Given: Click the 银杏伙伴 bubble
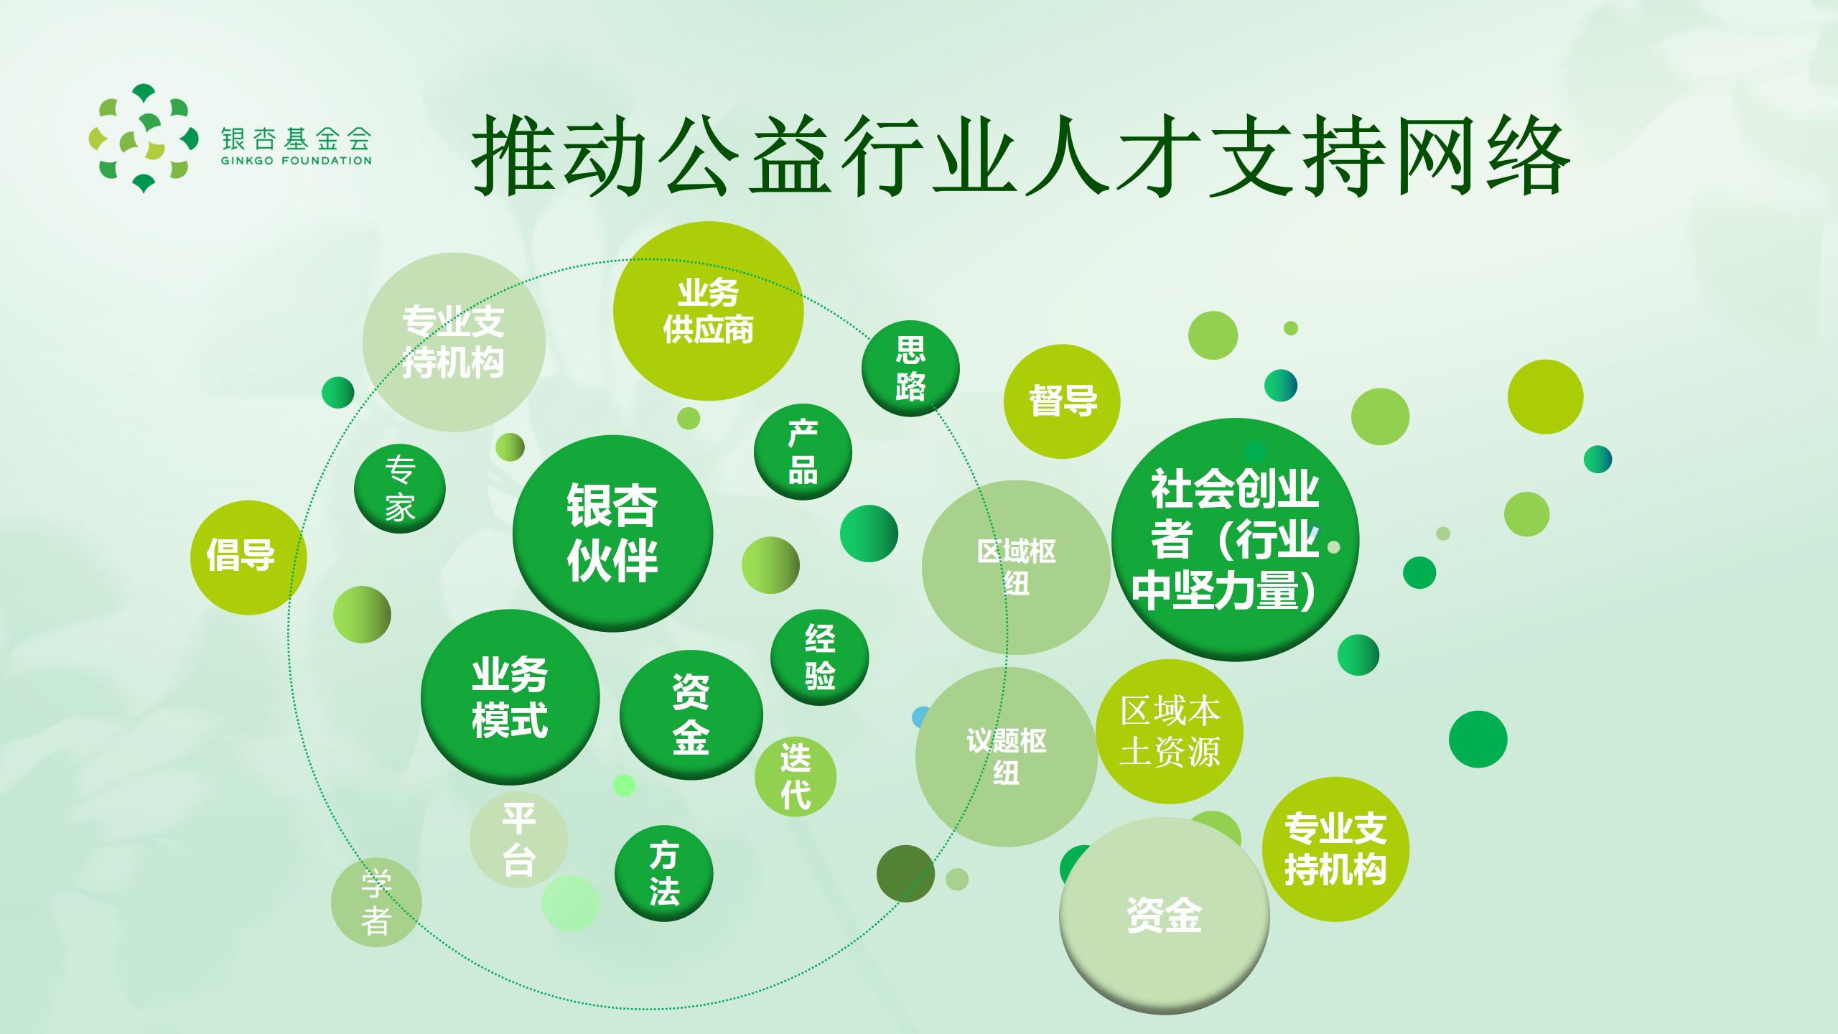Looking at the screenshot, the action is [612, 534].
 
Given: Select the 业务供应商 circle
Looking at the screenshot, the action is [708, 311].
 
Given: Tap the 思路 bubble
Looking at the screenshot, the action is [910, 368].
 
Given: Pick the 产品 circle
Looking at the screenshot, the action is [803, 452].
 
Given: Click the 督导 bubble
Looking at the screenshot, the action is [1062, 401].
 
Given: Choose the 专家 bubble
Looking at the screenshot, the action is [400, 490].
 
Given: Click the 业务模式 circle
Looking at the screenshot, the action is [510, 697].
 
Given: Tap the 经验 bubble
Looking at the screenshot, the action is [819, 657].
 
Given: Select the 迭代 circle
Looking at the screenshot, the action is [796, 776].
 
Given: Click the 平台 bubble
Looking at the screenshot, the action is [518, 839].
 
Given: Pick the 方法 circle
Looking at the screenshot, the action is [663, 873].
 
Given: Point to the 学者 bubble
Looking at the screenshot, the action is [376, 903].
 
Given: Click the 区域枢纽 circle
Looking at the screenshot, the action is [1016, 567].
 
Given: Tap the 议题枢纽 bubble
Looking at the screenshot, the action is [1006, 756].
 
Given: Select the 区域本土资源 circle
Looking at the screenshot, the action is [1170, 731].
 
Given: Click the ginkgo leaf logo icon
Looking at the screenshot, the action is [144, 139].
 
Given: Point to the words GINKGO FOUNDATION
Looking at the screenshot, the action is [297, 161].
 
